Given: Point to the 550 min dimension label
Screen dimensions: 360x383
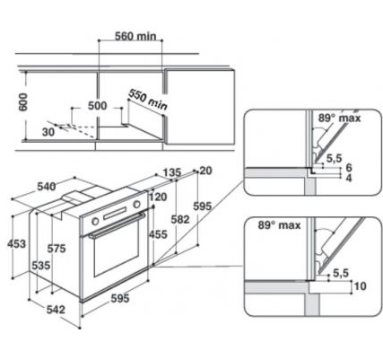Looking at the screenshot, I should [x=147, y=98].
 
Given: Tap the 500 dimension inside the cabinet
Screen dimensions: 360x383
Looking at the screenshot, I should [x=98, y=106].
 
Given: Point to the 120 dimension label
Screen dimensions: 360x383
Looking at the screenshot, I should [x=158, y=198].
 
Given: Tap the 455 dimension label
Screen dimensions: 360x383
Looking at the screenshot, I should [x=157, y=234].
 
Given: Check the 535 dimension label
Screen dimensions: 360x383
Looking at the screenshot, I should [x=39, y=266].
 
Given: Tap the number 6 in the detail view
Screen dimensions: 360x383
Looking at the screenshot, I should [x=348, y=167].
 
